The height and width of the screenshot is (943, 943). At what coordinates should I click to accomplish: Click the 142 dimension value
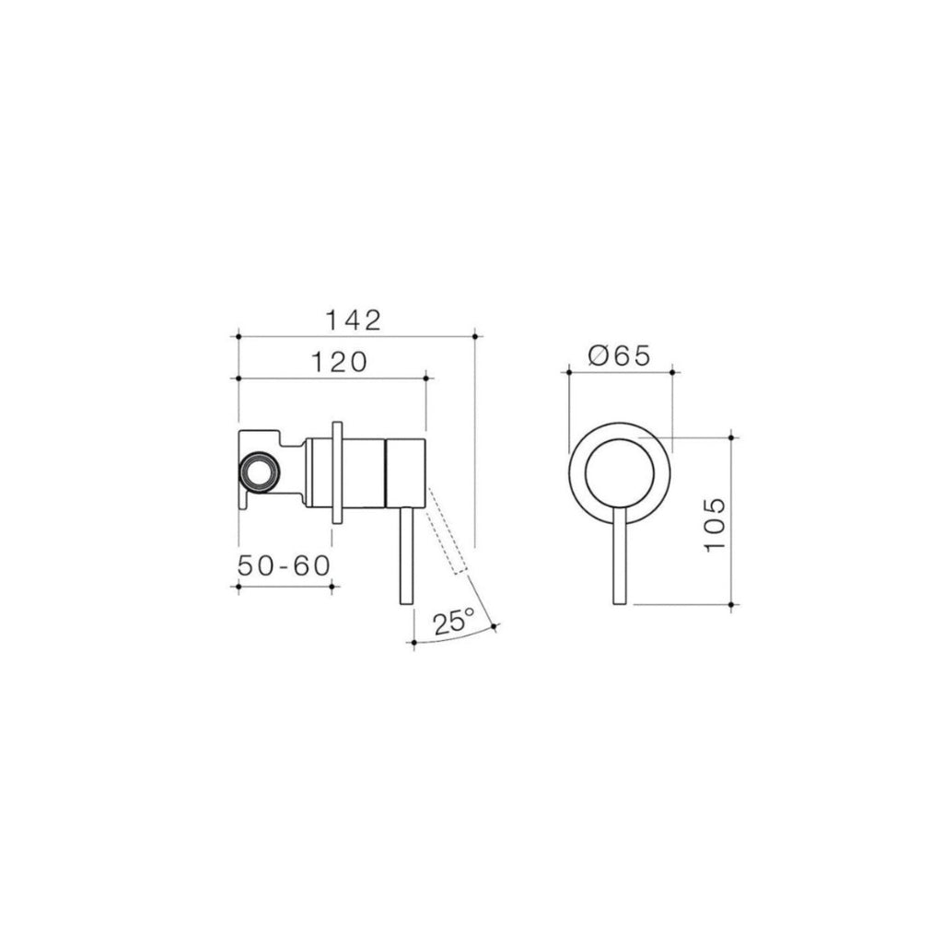coord(354,320)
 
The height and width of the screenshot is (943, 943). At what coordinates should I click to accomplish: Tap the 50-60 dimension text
coord(284,565)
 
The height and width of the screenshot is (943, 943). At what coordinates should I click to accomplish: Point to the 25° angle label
coord(452,622)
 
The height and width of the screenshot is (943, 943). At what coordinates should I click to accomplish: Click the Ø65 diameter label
coord(619,355)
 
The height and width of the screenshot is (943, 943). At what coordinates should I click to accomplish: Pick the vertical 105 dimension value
coord(716,524)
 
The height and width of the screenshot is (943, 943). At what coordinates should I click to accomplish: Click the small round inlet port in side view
coord(257,473)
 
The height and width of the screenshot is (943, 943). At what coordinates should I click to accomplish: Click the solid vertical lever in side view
coord(405,557)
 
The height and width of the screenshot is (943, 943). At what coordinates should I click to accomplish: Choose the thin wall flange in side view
coord(337,473)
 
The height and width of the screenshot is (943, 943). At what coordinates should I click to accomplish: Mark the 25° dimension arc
coord(456,638)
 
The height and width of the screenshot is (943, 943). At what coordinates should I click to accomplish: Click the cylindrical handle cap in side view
coord(405,472)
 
